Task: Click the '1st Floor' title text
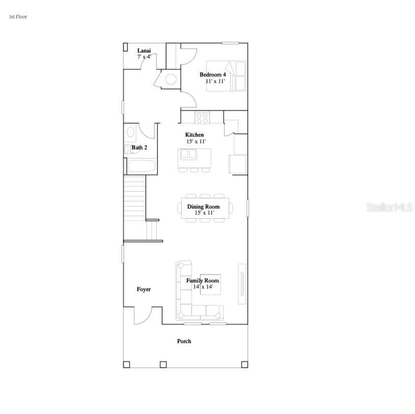pyautogui.click(x=18, y=17)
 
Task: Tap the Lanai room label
pyautogui.click(x=144, y=51)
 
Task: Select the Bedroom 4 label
pyautogui.click(x=213, y=75)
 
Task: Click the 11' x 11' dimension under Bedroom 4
pyautogui.click(x=215, y=81)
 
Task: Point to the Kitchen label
pyautogui.click(x=195, y=135)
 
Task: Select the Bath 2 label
pyautogui.click(x=139, y=148)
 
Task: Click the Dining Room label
pyautogui.click(x=203, y=207)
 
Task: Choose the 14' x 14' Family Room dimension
pyautogui.click(x=203, y=287)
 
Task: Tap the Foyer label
pyautogui.click(x=144, y=289)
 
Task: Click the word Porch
pyautogui.click(x=184, y=341)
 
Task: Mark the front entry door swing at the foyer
pyautogui.click(x=143, y=316)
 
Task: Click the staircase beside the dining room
pyautogui.click(x=135, y=198)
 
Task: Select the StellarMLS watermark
pyautogui.click(x=390, y=207)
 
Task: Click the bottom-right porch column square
pyautogui.click(x=244, y=364)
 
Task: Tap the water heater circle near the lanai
pyautogui.click(x=171, y=79)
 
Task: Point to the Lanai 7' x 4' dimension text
pyautogui.click(x=144, y=57)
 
